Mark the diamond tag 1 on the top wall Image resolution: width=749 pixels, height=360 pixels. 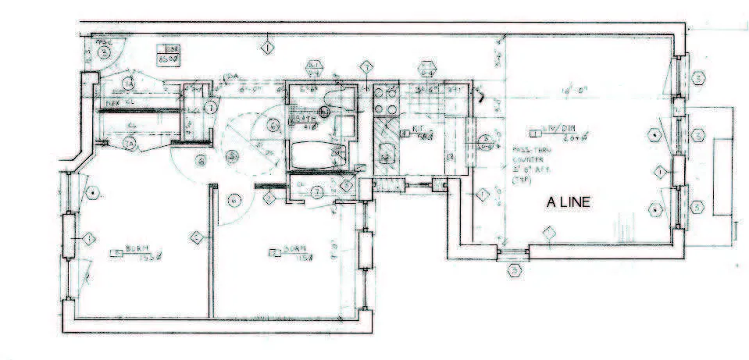tap(267, 48)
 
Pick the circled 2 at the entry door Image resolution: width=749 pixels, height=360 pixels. tap(103, 52)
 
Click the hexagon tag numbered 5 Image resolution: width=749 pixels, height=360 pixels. tap(515, 270)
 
